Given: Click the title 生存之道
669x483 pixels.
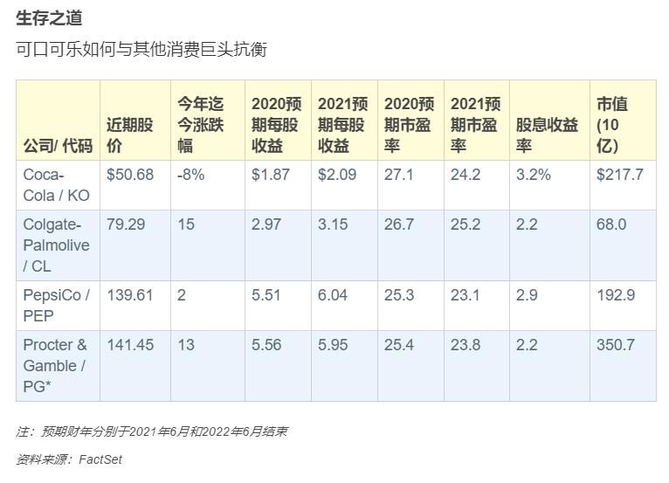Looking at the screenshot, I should coord(49,18).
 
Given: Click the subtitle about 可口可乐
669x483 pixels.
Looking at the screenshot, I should coord(141,49).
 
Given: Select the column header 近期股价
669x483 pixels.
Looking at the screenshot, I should coord(129,135).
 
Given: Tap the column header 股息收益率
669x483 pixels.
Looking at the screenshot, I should coord(547,135).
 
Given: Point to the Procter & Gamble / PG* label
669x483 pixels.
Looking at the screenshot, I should coord(55,365).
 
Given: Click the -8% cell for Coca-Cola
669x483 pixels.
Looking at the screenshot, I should coord(190,175).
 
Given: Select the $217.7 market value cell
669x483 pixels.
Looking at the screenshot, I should coord(619,175).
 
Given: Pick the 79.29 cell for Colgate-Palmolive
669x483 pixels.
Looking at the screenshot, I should coord(125,224).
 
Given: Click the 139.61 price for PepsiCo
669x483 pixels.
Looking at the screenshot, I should coord(129,295).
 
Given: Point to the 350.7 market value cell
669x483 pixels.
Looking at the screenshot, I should coord(616,345).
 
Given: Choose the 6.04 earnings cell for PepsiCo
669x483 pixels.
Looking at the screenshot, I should coord(333,295).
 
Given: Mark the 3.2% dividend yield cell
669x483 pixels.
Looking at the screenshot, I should coord(533,175).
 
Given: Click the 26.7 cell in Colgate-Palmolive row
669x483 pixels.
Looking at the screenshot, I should coord(398,224).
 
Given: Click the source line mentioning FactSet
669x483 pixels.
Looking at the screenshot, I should coord(69,459).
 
